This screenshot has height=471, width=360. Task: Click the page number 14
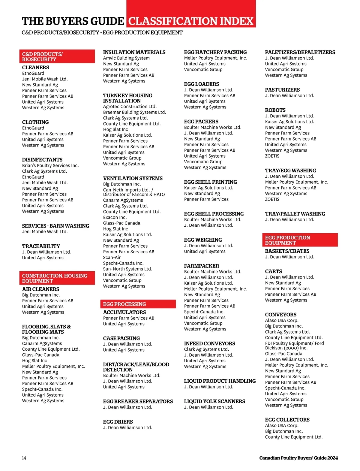24,458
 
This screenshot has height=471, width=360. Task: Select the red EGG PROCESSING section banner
138,304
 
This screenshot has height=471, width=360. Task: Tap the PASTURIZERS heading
282,90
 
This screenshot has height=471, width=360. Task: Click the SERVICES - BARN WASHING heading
55,226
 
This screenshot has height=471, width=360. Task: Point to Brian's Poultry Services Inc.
50,165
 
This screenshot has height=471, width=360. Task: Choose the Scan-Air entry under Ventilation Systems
112,257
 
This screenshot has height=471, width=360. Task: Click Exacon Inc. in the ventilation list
115,217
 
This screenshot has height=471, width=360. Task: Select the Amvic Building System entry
126,58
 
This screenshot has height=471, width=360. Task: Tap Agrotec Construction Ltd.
130,106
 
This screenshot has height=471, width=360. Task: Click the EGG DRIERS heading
118,422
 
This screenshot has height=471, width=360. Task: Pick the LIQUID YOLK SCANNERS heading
214,401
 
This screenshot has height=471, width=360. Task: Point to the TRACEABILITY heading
41,246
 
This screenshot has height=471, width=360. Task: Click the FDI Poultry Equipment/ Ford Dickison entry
294,346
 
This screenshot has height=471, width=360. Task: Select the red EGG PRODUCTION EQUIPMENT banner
300,240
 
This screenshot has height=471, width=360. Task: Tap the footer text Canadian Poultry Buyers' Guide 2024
298,458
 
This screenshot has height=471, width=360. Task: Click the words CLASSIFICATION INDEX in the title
191,21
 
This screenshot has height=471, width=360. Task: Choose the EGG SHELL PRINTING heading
210,182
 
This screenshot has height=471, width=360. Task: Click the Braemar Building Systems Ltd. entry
134,112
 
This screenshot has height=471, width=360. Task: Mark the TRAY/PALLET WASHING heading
295,214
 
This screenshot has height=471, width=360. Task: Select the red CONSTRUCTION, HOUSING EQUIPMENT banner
57,278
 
